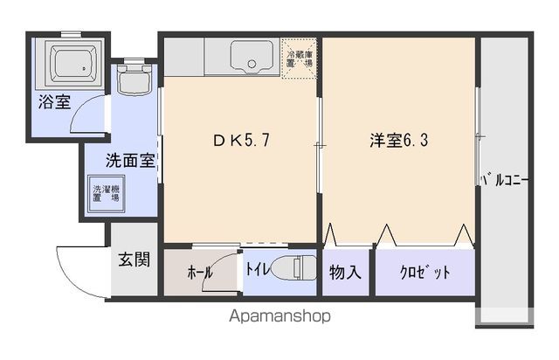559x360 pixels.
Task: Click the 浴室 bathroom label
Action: tap(54, 102)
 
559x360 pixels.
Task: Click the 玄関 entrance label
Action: tap(134, 260)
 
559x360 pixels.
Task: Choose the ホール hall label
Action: tap(199, 273)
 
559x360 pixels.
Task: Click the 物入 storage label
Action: tap(345, 272)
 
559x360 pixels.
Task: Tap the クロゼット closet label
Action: tap(425, 272)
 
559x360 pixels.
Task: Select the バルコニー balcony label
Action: tap(504, 182)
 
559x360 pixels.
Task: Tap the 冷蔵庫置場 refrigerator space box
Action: tap(298, 58)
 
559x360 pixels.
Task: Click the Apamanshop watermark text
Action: tap(280, 315)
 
